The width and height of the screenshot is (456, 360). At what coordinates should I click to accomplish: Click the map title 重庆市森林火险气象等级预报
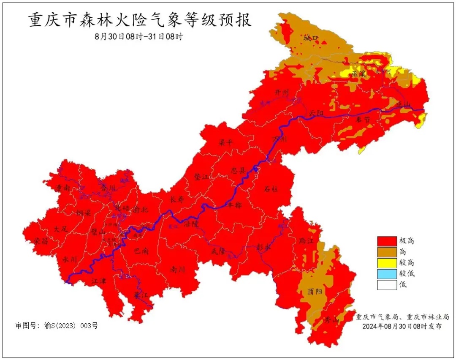(x=140, y=20)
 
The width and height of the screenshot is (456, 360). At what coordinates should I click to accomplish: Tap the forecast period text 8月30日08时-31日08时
(x=139, y=36)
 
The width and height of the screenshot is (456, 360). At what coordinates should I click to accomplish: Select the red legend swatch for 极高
(x=387, y=241)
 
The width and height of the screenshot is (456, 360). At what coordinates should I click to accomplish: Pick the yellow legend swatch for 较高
(x=387, y=263)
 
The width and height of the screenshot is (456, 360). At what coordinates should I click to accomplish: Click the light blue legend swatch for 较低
(x=387, y=274)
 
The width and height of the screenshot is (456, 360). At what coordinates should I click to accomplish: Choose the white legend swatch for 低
(x=387, y=285)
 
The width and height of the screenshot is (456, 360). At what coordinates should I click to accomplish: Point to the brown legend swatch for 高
(x=387, y=252)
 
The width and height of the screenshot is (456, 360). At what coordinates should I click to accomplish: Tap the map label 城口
(x=311, y=38)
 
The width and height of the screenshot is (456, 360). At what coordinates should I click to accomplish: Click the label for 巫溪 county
(x=359, y=74)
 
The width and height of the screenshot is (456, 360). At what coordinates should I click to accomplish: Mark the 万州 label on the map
(x=280, y=139)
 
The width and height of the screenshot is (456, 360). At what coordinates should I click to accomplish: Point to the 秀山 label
(x=331, y=320)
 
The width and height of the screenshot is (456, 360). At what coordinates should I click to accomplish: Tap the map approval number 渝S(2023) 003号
(x=57, y=326)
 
